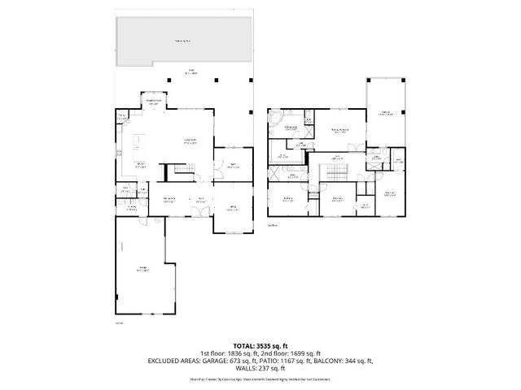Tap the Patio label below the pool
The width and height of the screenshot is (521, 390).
click(x=191, y=71)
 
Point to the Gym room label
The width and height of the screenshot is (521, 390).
click(x=232, y=167)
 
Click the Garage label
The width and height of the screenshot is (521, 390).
click(x=143, y=271)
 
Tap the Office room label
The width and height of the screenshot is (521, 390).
click(x=232, y=208)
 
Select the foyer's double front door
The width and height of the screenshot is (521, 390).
click(x=198, y=211)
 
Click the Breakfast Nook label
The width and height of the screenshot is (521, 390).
click(x=152, y=103)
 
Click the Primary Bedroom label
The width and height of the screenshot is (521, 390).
click(x=339, y=130)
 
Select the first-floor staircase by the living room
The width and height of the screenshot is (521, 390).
click(x=180, y=169)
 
